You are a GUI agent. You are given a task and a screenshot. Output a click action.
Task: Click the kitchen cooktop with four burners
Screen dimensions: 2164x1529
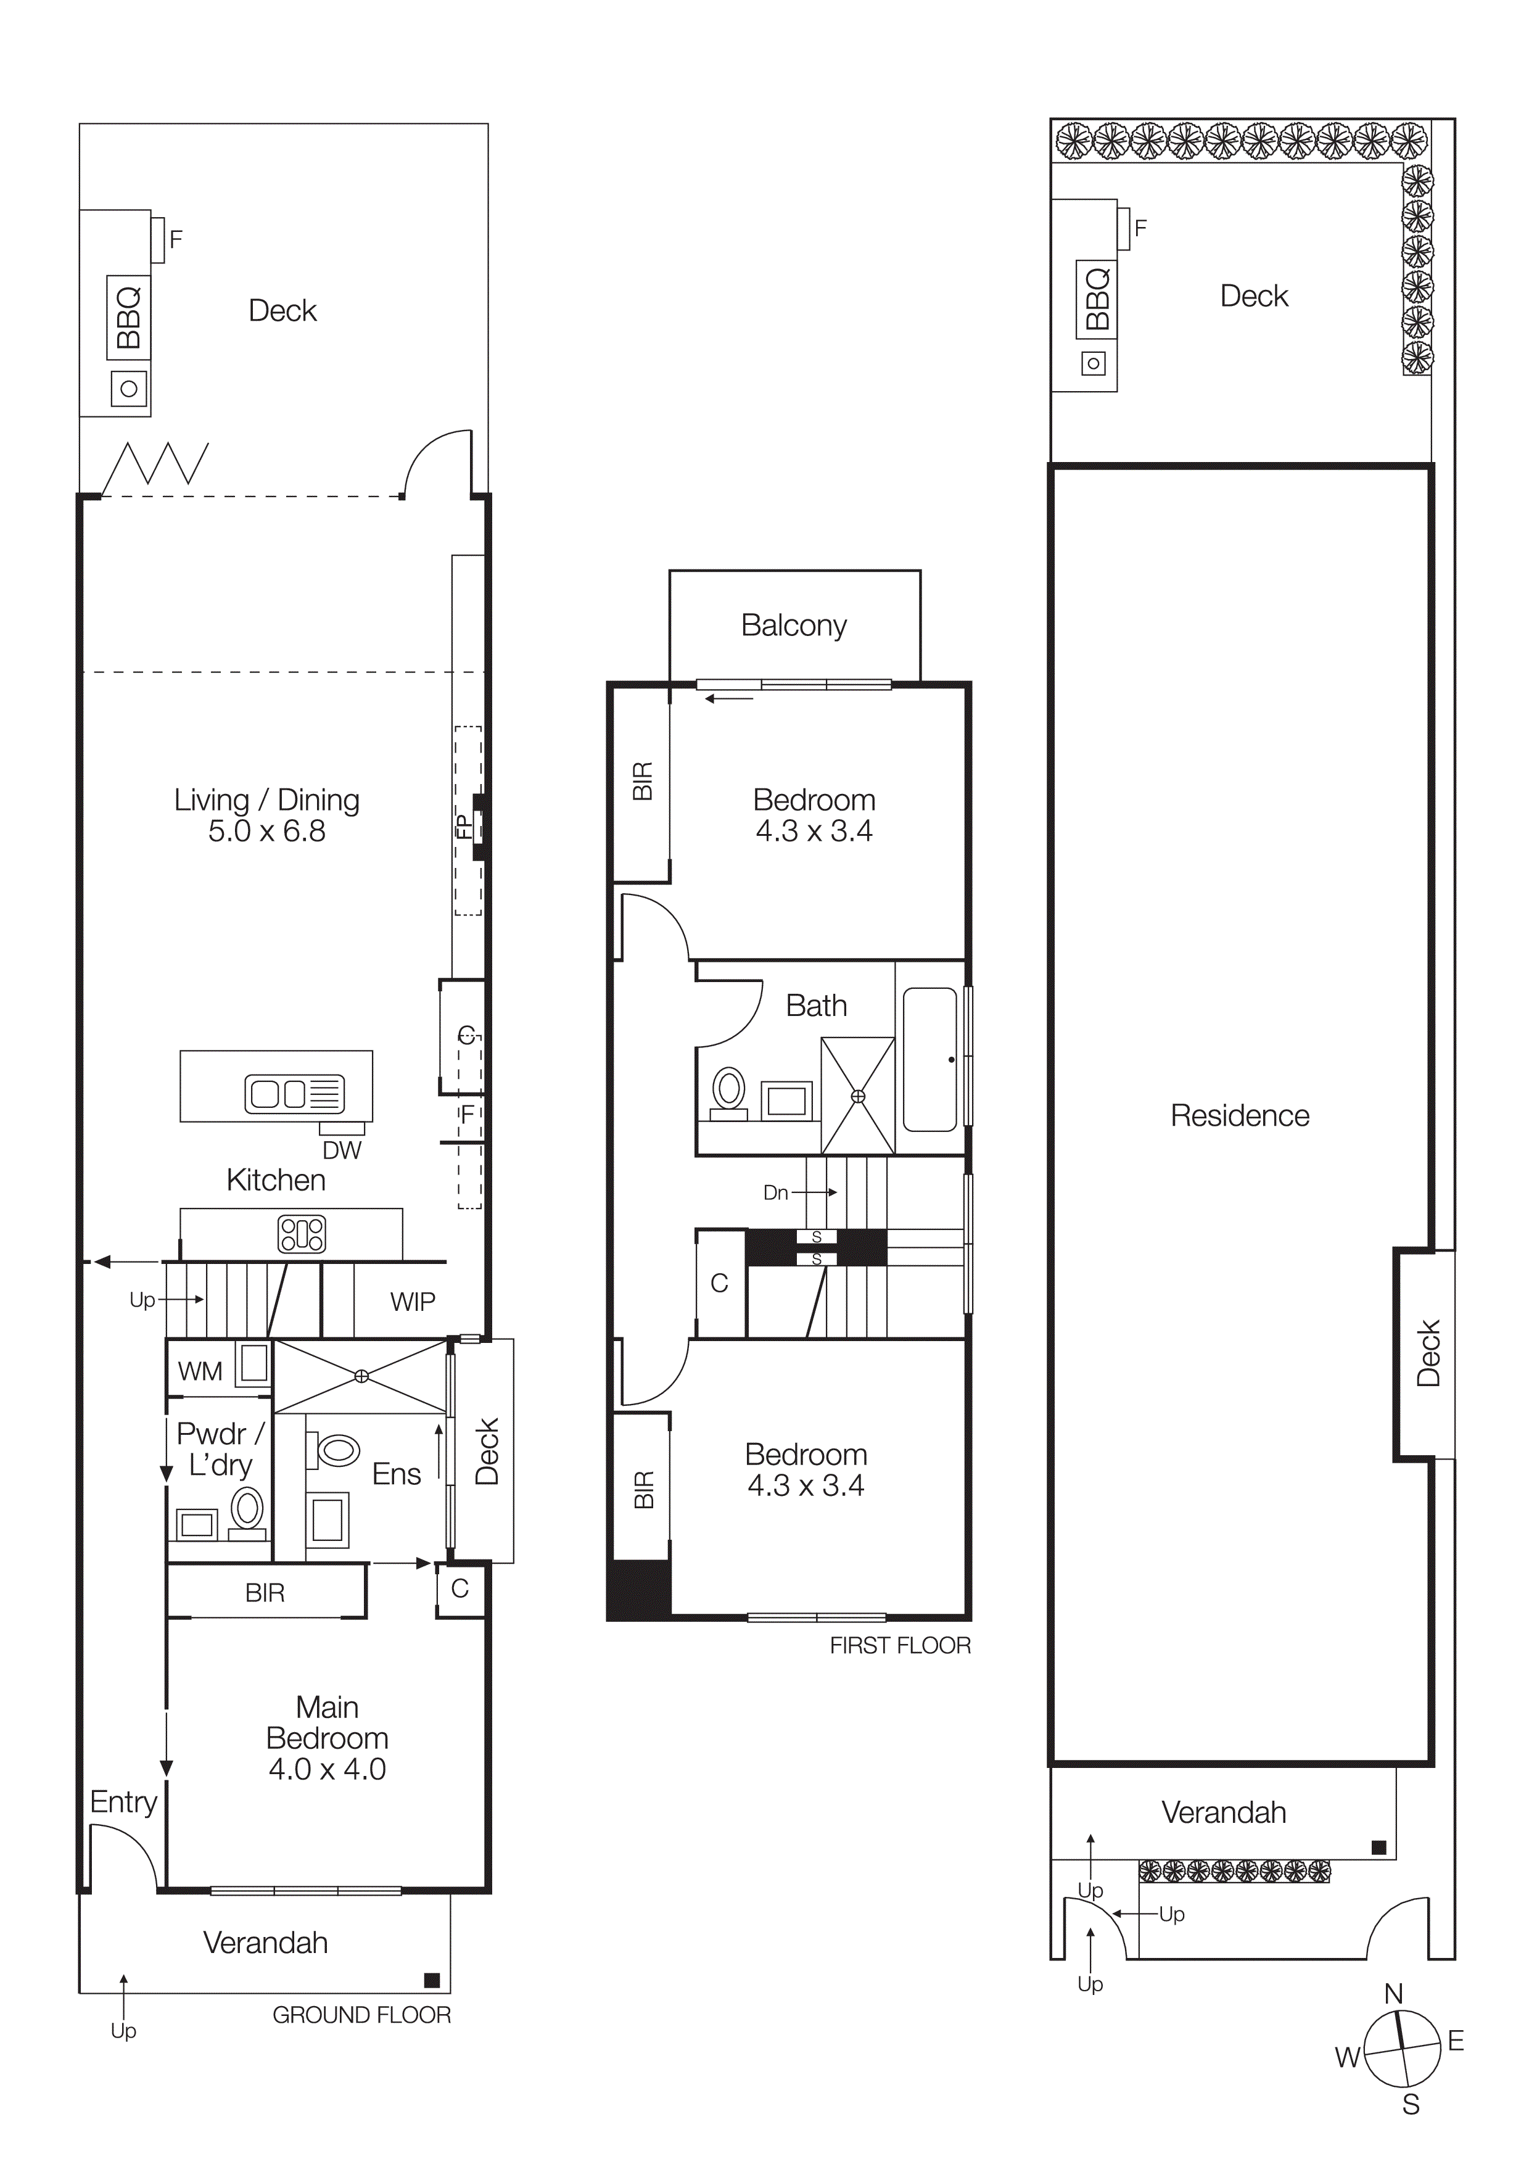(302, 1234)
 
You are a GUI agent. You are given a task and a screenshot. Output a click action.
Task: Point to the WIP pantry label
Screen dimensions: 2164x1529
(413, 1302)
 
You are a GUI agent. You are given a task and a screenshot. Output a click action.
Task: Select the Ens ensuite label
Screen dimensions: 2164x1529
(397, 1474)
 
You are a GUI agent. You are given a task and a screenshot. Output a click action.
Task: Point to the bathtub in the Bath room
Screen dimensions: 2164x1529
(930, 1059)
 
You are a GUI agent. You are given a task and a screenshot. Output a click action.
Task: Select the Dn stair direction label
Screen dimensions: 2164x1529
(775, 1192)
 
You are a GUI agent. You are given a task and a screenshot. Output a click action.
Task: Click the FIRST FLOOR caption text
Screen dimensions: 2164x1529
(900, 1646)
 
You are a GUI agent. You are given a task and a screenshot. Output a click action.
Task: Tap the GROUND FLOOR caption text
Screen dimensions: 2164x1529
(362, 2015)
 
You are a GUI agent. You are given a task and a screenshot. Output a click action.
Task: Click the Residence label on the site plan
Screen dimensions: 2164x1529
(1240, 1116)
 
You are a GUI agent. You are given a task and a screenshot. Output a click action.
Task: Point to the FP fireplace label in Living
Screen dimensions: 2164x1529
(463, 827)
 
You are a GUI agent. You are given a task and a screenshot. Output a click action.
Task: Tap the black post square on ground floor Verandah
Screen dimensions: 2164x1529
(432, 1980)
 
